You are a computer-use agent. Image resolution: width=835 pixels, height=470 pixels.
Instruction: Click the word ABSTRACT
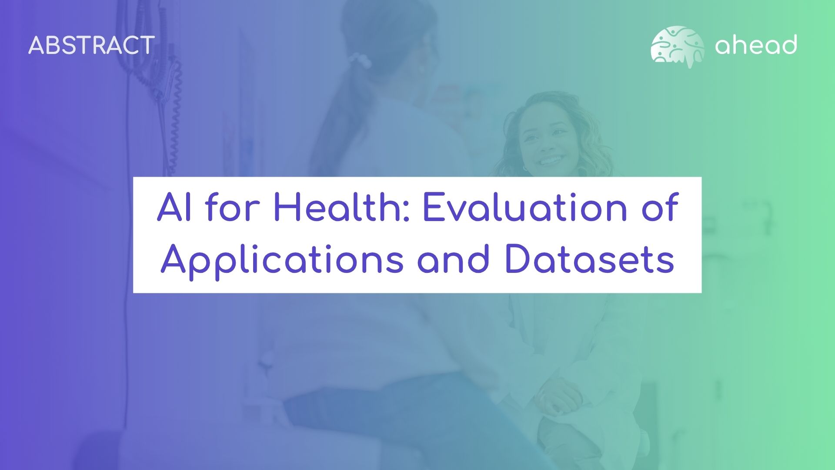[91, 45]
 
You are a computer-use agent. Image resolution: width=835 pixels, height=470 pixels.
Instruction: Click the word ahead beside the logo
[756, 44]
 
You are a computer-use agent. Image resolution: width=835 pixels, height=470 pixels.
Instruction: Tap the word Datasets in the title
[590, 259]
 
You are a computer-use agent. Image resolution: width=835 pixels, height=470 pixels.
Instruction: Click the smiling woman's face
[548, 139]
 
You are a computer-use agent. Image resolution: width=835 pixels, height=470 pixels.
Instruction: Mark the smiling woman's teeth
[551, 160]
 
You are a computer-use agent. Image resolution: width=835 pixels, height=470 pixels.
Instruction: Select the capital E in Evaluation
[434, 208]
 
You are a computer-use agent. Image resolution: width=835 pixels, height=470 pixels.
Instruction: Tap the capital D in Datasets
[519, 259]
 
